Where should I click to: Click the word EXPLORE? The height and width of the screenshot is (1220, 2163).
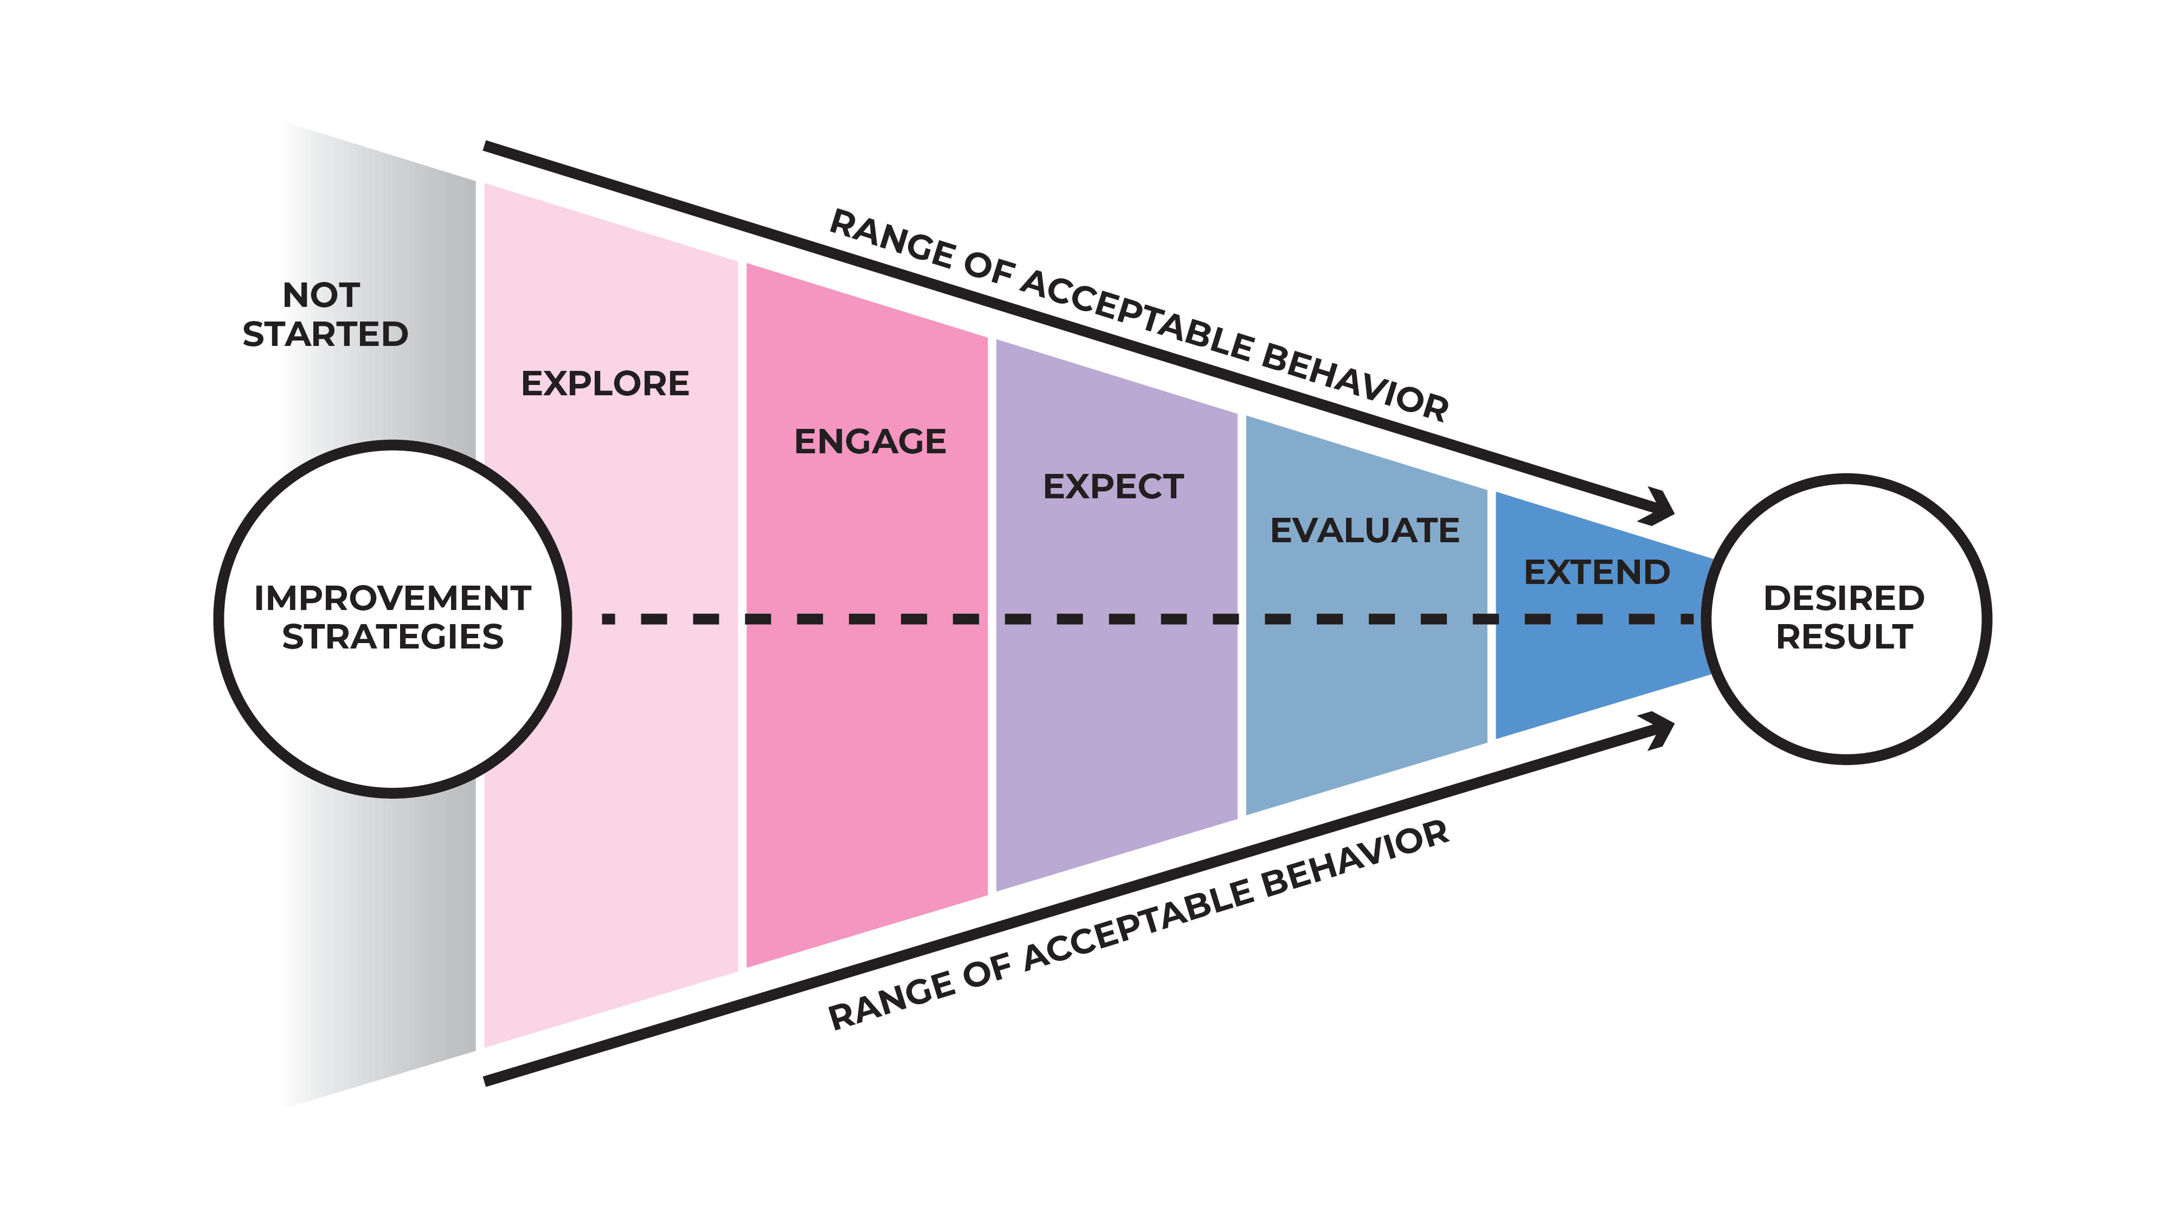[x=604, y=384]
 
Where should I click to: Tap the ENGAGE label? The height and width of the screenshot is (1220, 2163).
[x=870, y=442]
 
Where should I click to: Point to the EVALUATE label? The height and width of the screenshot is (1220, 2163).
[x=1364, y=531]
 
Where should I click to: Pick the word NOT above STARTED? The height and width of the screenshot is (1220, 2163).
[x=321, y=295]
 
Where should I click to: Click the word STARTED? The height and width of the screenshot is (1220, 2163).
[x=325, y=334]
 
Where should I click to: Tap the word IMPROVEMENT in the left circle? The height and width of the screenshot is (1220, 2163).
[x=392, y=599]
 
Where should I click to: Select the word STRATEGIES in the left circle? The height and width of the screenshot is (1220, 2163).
[x=392, y=637]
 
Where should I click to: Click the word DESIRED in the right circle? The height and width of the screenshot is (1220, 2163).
[x=1844, y=599]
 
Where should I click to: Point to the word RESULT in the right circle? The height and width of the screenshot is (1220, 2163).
[x=1844, y=637]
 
